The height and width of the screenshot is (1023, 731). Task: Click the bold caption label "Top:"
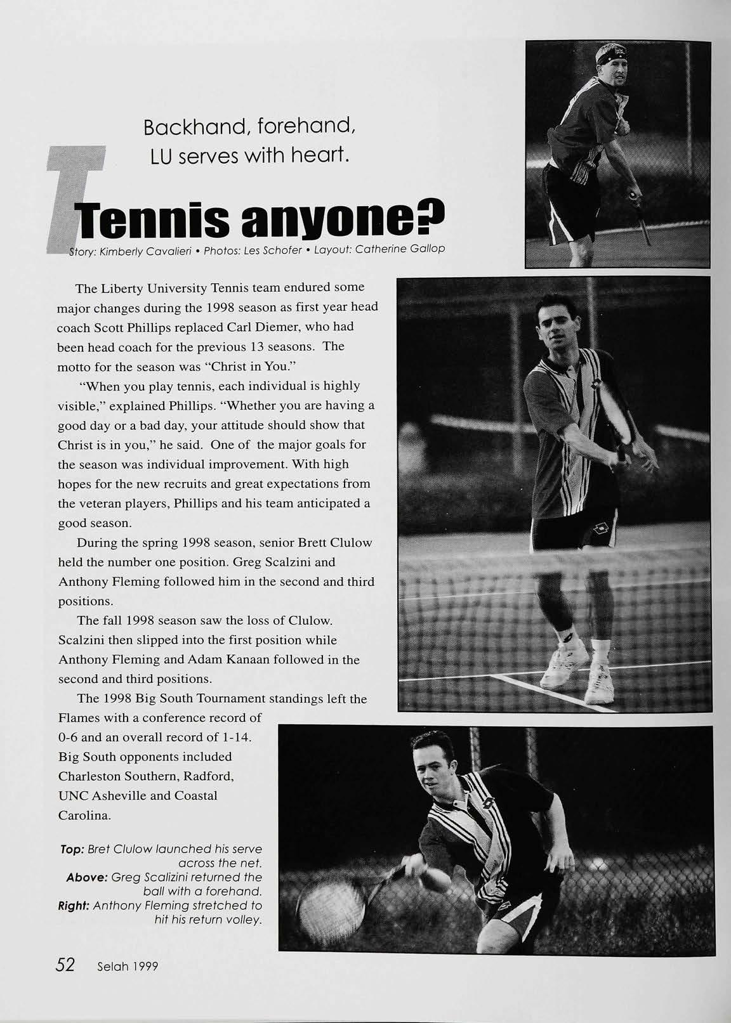[x=71, y=849]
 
